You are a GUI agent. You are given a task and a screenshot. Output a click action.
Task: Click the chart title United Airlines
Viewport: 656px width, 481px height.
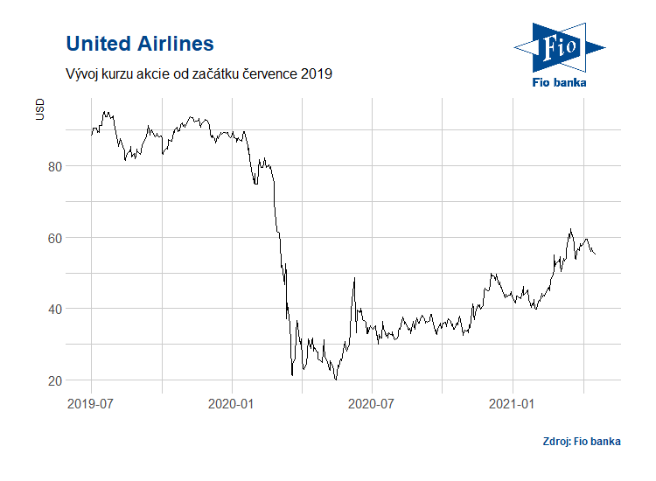140,43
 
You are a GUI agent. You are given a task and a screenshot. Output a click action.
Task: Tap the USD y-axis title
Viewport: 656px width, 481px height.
39,110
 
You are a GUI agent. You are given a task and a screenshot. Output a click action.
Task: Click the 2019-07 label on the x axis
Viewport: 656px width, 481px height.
91,404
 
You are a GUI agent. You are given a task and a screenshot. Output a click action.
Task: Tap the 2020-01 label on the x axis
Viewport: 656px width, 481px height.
232,404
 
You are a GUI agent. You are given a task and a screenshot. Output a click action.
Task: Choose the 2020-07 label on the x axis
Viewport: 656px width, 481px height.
373,404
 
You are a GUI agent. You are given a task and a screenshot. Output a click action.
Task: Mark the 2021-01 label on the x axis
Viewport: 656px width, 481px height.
513,404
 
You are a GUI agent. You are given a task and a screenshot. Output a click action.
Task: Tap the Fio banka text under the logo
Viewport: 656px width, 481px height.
560,82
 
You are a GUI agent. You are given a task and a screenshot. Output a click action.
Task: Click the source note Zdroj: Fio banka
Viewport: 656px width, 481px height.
581,441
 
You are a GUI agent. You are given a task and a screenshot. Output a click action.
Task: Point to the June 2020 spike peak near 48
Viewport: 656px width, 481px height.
354,278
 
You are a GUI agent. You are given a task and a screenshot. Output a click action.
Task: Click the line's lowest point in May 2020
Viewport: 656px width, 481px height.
336,380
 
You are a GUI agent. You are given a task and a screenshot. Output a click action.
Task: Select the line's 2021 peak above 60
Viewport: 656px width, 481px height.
570,229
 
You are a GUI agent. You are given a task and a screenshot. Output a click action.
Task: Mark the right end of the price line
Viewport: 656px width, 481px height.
596,254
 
